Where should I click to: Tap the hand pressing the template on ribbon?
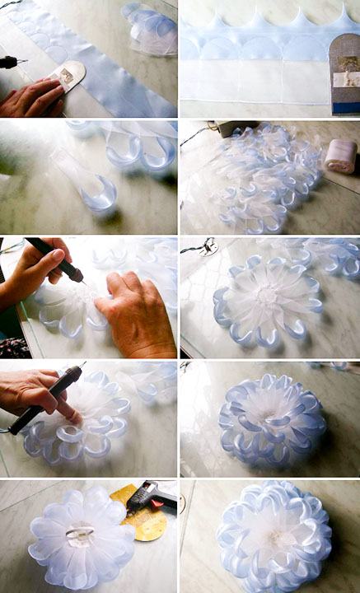click(x=30, y=98)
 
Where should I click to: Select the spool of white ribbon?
click(x=340, y=155)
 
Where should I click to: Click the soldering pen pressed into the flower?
click(x=49, y=399)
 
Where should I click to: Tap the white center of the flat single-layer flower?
click(x=266, y=296)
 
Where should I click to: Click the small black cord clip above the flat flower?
click(x=209, y=245)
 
